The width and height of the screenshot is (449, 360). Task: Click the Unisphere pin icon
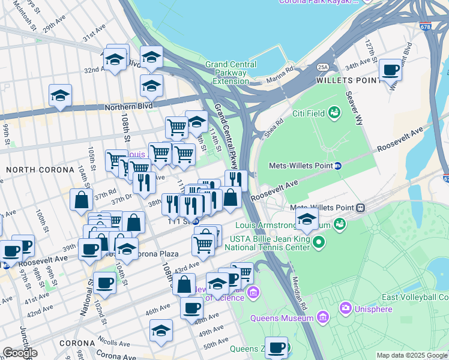pos(345,309)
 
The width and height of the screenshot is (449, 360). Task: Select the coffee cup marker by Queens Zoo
pos(277,347)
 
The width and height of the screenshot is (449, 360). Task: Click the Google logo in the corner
pos(20,353)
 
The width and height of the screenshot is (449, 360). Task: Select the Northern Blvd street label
pos(127,106)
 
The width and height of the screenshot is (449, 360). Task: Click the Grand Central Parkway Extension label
pos(231,73)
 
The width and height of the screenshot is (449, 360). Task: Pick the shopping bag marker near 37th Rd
pos(81,200)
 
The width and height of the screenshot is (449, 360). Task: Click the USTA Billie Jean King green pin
pos(319,242)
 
